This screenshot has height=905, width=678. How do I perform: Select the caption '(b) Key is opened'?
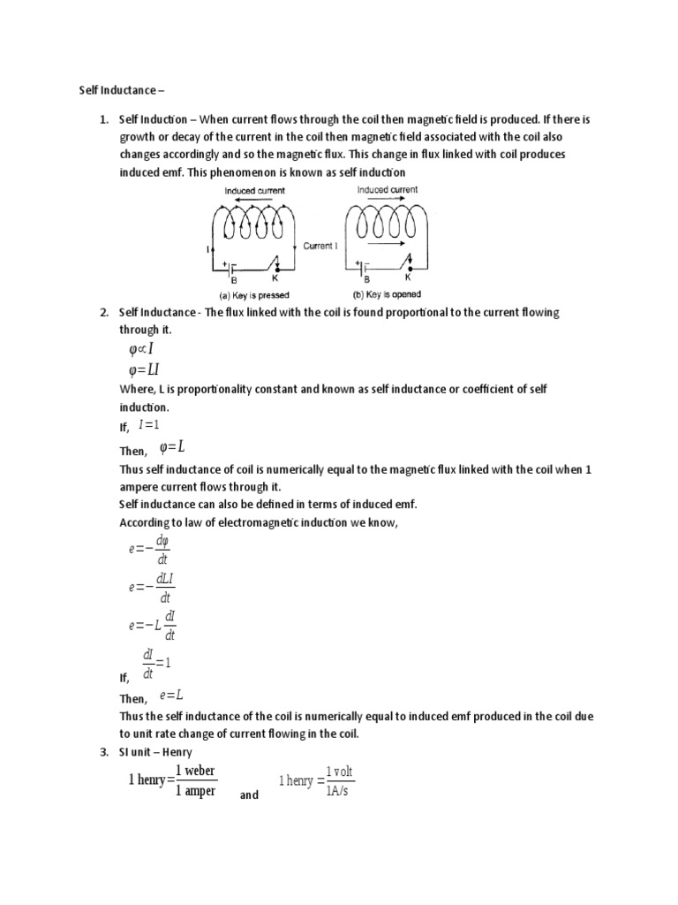381,294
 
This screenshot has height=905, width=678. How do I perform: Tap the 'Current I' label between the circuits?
320,247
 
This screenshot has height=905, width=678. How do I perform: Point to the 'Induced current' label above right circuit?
388,189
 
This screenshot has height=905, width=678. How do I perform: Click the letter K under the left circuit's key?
275,278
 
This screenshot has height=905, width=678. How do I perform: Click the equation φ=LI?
144,369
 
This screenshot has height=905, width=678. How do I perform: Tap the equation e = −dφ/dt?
149,548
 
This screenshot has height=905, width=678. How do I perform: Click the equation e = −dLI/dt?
149,588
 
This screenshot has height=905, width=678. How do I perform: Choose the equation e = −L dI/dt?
153,625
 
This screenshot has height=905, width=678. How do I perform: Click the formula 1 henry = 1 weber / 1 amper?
172,781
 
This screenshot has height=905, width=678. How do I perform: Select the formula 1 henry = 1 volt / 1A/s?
317,781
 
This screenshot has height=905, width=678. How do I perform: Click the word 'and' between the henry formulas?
249,795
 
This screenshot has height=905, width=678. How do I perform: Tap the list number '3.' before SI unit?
103,752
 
